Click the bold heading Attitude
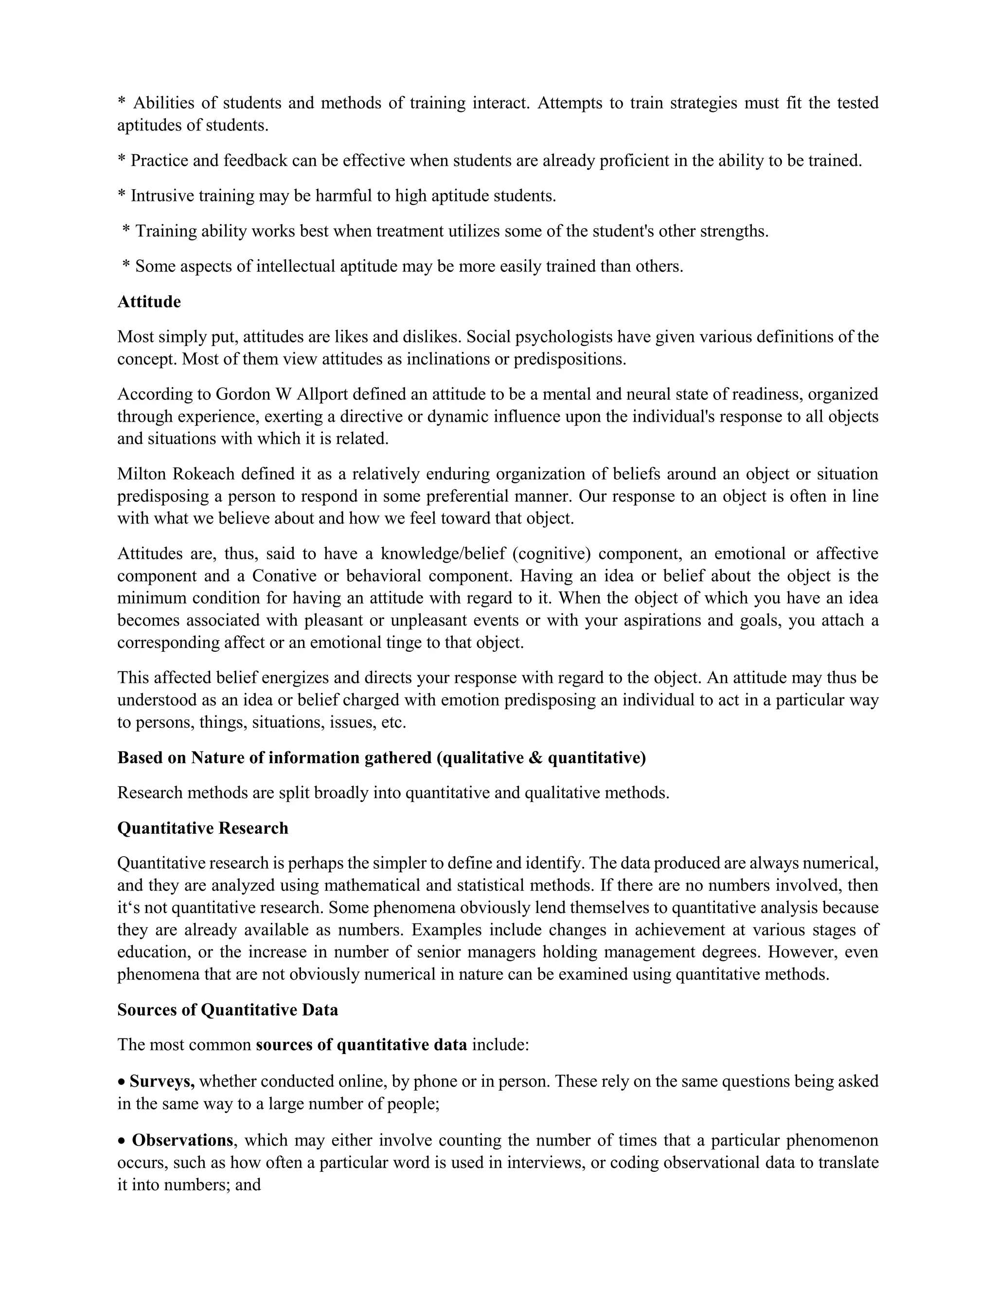pos(149,302)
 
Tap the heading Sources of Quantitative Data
pos(227,1010)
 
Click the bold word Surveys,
pos(162,1081)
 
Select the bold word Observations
pos(182,1140)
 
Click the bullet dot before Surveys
pos(122,1082)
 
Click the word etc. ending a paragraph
pos(393,722)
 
